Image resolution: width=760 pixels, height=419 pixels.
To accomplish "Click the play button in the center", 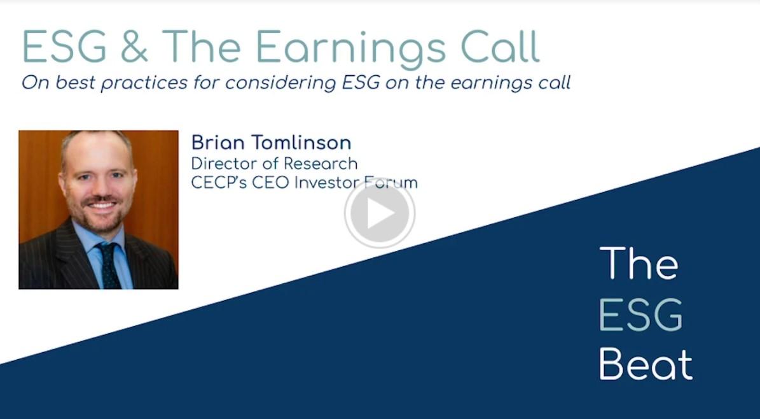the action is tap(380, 213).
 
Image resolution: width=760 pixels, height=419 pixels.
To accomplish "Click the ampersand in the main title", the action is tap(134, 46).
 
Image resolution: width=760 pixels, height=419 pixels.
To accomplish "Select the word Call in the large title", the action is tap(501, 46).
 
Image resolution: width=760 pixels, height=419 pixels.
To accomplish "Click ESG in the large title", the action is tap(64, 46).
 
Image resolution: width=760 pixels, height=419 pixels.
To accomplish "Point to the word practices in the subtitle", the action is tap(144, 83).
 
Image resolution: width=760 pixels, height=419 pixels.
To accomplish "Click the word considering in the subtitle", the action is tap(280, 83).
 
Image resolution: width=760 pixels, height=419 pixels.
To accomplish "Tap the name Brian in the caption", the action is tap(218, 143).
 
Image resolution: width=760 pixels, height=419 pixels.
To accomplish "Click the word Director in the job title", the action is tap(221, 163).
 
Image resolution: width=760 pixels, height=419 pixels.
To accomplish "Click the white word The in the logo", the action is tap(639, 263).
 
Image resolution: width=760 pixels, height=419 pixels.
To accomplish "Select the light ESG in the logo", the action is tap(641, 315).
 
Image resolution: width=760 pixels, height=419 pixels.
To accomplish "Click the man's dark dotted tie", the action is tap(109, 265).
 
